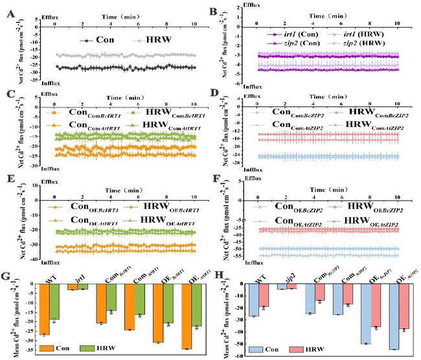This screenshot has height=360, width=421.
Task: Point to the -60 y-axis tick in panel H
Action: [x=241, y=355]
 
